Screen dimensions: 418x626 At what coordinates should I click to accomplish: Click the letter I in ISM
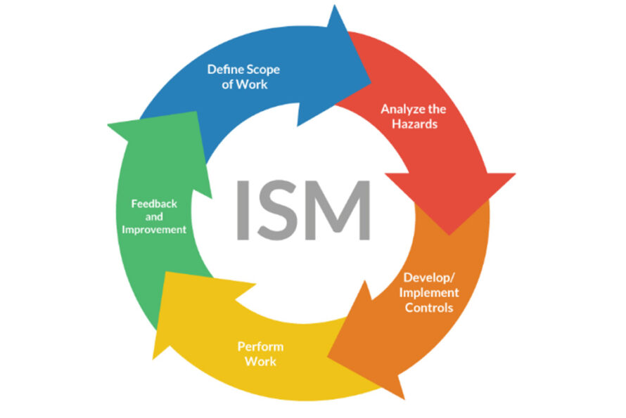[241, 209]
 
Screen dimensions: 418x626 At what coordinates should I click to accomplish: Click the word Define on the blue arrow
[224, 70]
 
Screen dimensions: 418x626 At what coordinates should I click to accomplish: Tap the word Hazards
[415, 124]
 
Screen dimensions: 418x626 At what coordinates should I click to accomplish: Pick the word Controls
[429, 307]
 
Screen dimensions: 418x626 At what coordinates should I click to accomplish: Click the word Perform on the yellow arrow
[260, 346]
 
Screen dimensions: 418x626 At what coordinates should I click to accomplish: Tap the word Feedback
[154, 204]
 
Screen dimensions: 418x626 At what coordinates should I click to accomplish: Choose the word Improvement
[154, 229]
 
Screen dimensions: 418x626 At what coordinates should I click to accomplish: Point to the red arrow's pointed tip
[449, 233]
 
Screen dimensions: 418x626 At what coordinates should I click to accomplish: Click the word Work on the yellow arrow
[260, 362]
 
